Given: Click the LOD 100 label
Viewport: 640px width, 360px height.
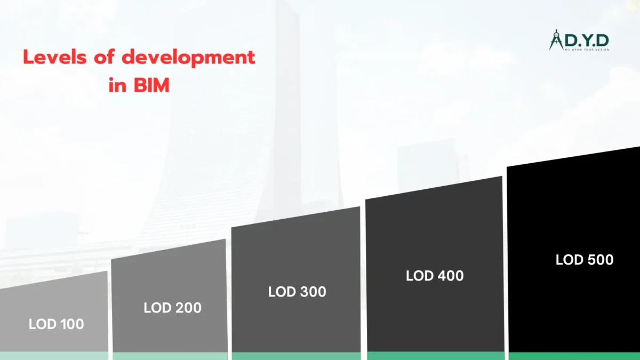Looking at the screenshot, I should pyautogui.click(x=57, y=324).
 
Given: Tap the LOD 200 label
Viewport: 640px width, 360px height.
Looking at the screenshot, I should pyautogui.click(x=172, y=308).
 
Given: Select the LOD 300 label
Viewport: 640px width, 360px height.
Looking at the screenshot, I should pyautogui.click(x=297, y=292).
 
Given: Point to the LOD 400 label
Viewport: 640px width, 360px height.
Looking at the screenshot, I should pyautogui.click(x=435, y=276).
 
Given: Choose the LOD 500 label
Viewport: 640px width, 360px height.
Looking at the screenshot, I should pyautogui.click(x=585, y=260).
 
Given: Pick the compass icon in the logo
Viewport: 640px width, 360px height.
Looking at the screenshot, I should pyautogui.click(x=556, y=40).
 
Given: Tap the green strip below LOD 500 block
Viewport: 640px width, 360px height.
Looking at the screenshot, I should pyautogui.click(x=574, y=356).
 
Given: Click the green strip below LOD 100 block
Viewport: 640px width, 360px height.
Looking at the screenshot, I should pyautogui.click(x=53, y=356).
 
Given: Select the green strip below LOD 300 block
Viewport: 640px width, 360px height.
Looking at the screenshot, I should pyautogui.click(x=296, y=356).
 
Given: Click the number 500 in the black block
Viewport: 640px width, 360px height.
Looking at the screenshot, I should pyautogui.click(x=600, y=260).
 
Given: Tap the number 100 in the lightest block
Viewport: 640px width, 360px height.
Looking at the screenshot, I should pyautogui.click(x=71, y=324).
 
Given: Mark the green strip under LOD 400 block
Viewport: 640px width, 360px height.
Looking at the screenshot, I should pyautogui.click(x=435, y=356).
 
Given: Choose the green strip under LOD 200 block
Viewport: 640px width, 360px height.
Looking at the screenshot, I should pyautogui.click(x=170, y=356).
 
